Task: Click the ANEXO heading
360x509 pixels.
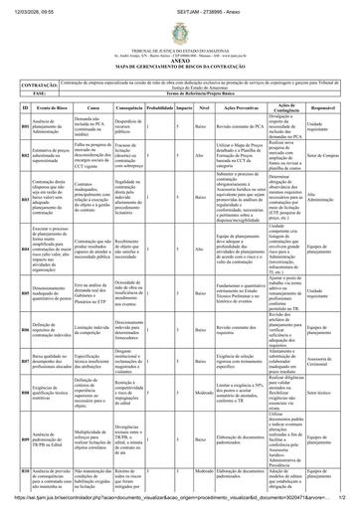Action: point(180,47)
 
